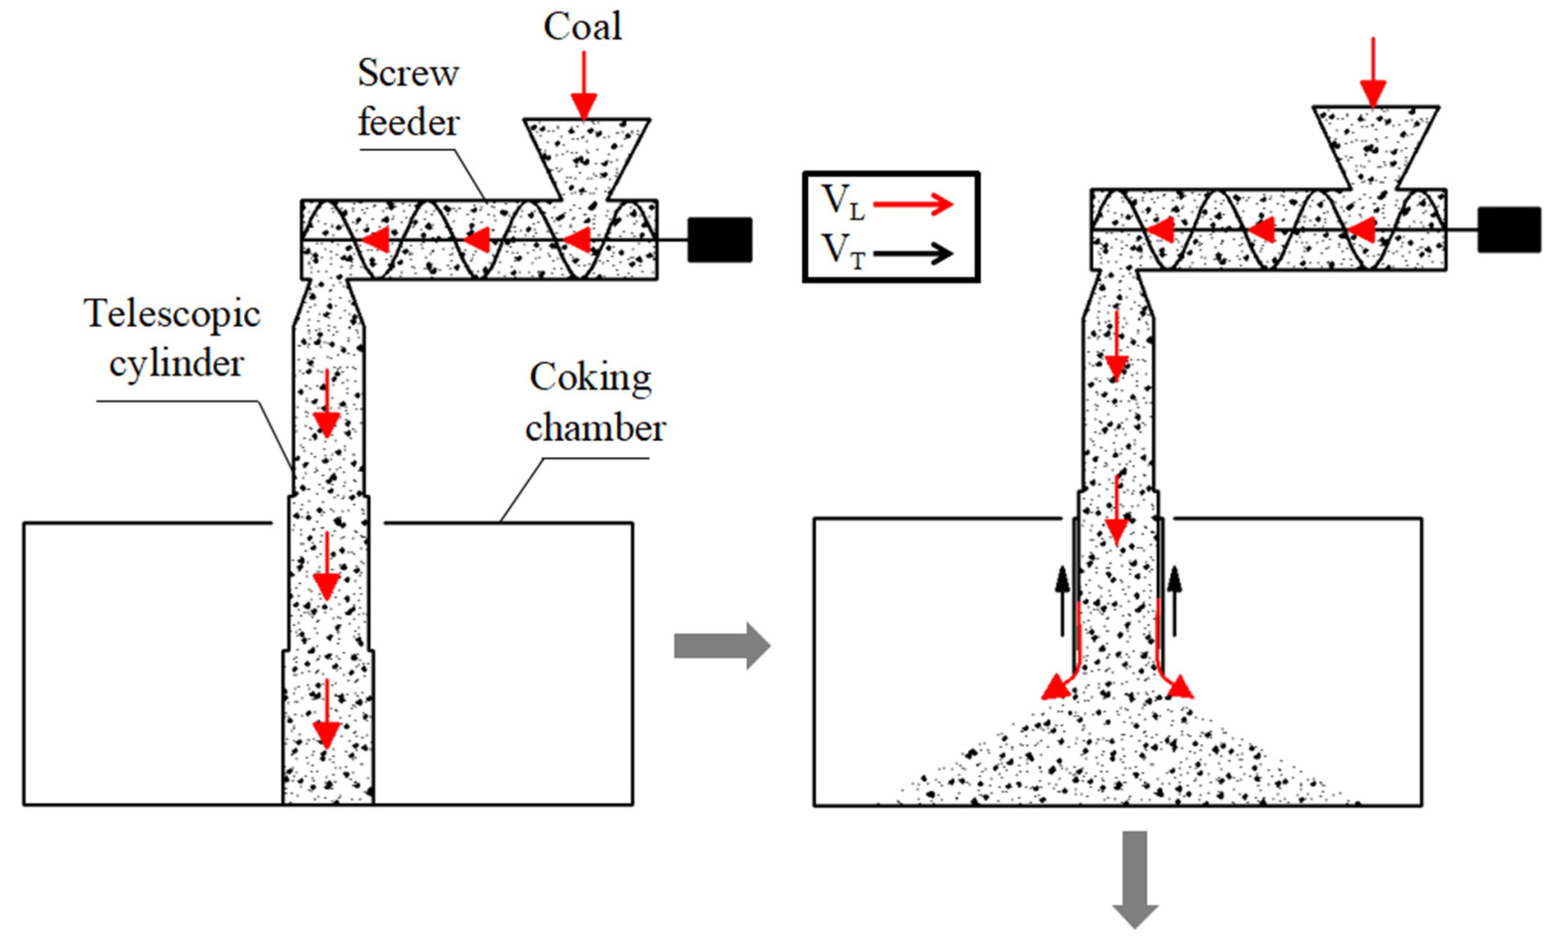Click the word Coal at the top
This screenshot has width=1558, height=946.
point(583,28)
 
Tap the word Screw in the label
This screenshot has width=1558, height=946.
point(408,73)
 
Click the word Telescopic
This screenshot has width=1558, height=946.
point(172,314)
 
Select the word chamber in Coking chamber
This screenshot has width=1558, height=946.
point(595,429)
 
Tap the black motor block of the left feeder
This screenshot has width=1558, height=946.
point(719,240)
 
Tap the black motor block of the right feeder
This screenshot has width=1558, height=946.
point(1509,229)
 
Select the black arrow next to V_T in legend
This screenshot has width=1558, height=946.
point(913,254)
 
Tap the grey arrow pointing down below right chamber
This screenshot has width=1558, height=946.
point(1135,879)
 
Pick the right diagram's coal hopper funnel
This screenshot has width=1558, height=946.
point(1375,144)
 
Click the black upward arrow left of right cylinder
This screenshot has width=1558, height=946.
point(1063,601)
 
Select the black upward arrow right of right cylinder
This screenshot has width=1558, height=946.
point(1174,601)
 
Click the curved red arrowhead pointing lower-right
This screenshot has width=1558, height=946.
point(1180,688)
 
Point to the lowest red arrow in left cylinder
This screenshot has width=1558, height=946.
point(326,715)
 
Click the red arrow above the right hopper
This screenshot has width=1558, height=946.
point(1373,73)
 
